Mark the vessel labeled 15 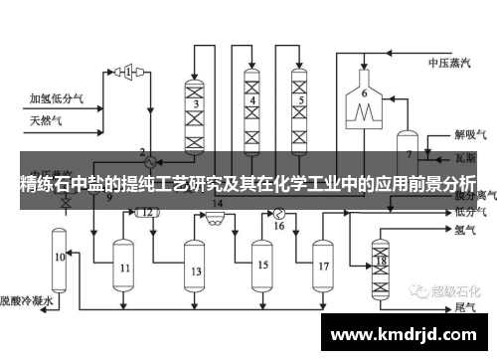tap(262, 266)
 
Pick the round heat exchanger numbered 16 tap(279, 212)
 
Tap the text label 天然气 tap(45, 121)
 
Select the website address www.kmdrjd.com tap(407, 332)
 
